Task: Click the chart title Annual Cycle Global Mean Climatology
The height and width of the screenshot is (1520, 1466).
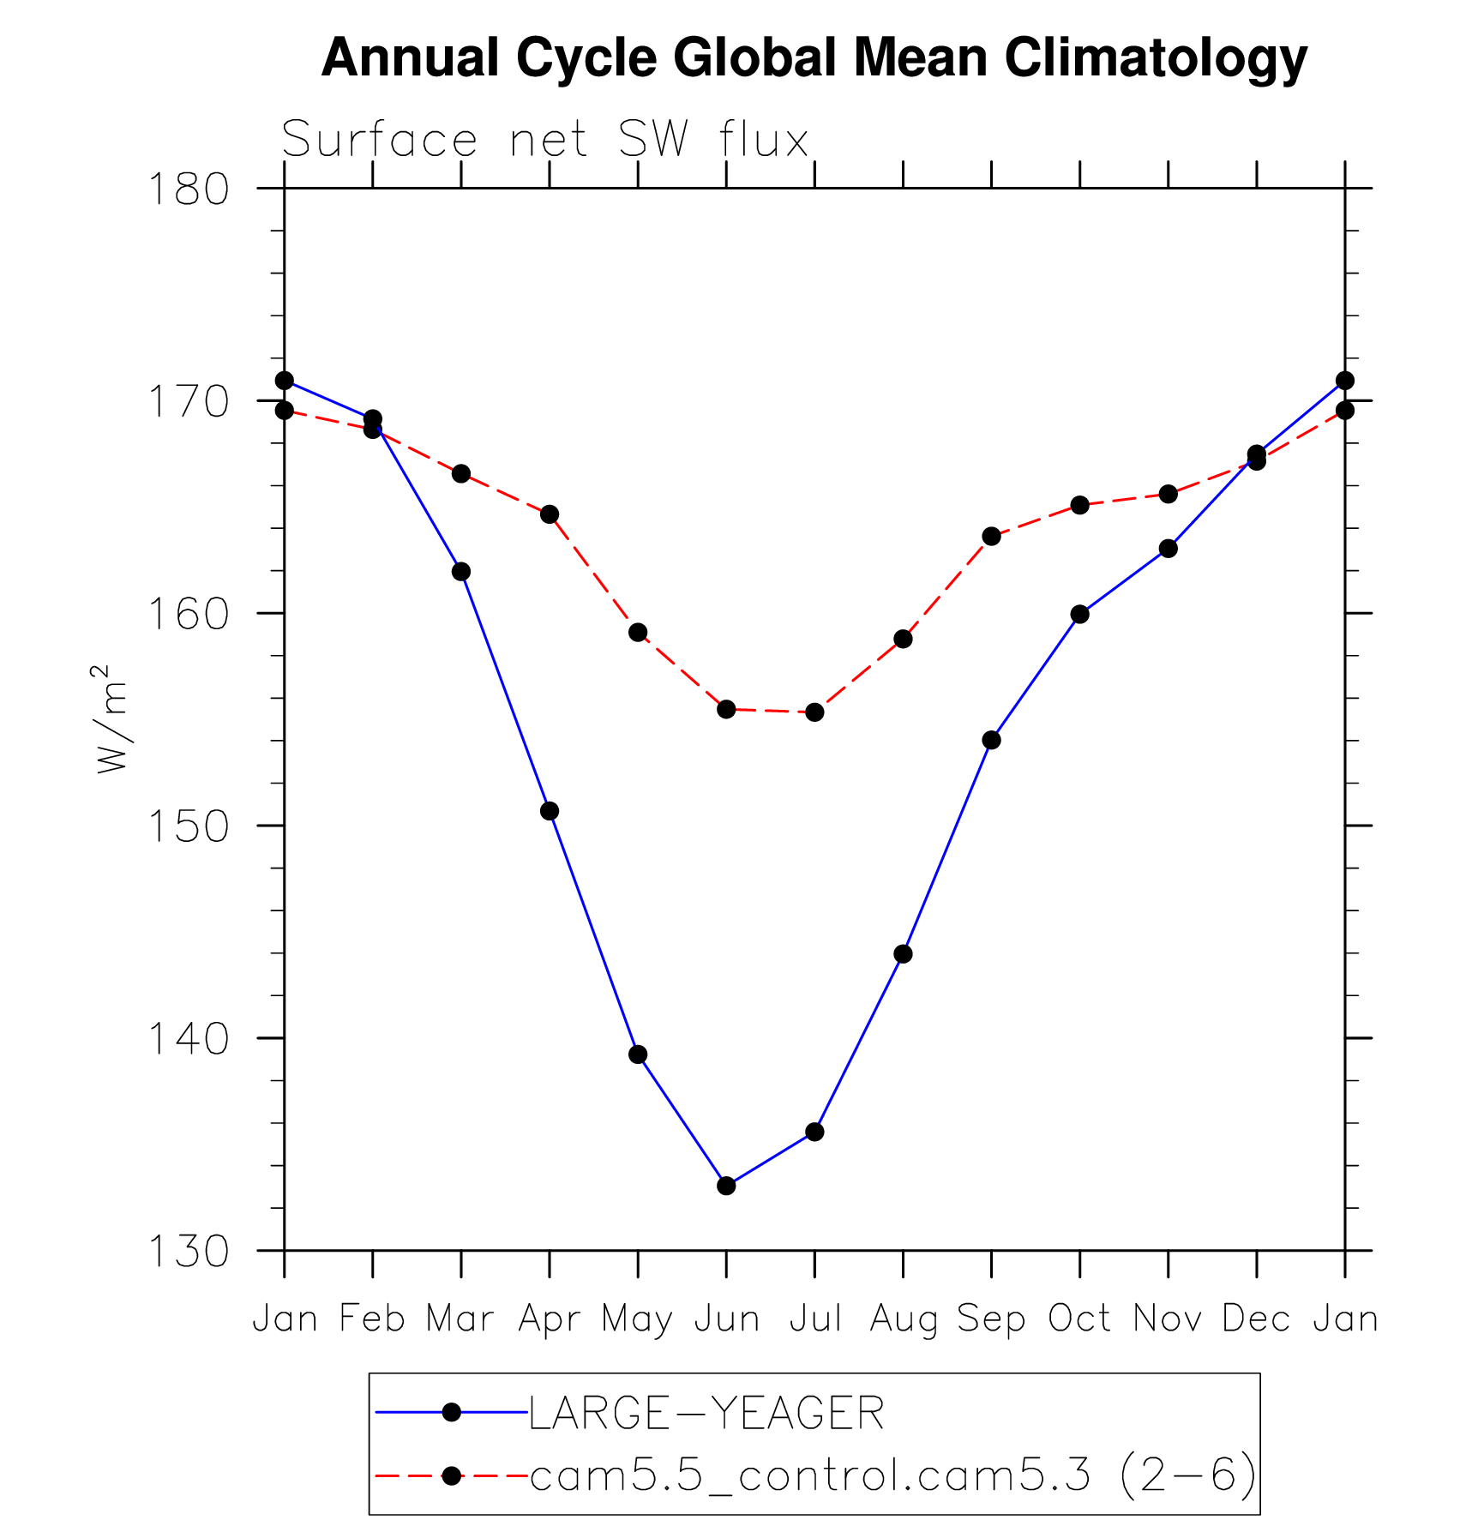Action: (x=814, y=58)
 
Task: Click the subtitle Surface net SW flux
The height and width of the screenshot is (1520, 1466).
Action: (x=545, y=140)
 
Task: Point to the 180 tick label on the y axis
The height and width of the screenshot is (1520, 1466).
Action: (x=189, y=189)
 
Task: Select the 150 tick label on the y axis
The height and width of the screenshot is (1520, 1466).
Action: (x=189, y=826)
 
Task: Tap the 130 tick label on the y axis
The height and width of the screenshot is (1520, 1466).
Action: (x=189, y=1252)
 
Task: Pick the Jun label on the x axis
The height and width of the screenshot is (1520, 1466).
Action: (x=727, y=1319)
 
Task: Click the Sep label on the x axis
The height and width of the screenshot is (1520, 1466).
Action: (x=991, y=1319)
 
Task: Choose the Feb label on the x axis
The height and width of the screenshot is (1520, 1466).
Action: (x=372, y=1319)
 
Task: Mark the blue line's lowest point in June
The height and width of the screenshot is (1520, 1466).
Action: (x=726, y=1186)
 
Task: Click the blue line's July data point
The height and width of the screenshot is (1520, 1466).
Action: (x=814, y=1132)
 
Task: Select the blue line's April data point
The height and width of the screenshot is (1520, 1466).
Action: (x=550, y=811)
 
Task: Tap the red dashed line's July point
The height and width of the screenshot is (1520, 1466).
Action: (x=814, y=712)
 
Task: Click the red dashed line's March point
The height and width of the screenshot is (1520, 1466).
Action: (x=461, y=473)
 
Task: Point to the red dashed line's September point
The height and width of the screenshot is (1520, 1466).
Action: (x=991, y=537)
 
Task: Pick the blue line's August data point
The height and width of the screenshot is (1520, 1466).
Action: (x=903, y=954)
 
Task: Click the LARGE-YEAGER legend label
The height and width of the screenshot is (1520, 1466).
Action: (x=706, y=1413)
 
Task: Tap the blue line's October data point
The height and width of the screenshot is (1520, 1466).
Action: (x=1079, y=614)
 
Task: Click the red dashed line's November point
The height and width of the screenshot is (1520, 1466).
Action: (x=1168, y=494)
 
